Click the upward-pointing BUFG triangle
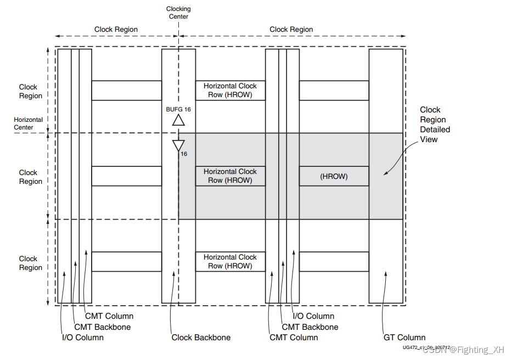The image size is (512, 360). [178, 120]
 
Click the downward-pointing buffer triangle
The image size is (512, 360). [178, 145]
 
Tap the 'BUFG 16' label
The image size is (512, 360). [178, 109]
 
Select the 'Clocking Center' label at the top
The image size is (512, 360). [178, 13]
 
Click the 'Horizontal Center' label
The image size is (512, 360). [28, 123]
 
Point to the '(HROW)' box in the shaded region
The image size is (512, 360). [334, 177]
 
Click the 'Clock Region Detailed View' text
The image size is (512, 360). [435, 125]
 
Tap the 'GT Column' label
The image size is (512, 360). [404, 337]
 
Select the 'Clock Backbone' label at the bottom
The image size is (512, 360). [201, 337]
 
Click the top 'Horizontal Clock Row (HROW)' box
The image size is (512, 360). [230, 91]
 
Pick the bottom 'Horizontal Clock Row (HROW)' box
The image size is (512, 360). [230, 262]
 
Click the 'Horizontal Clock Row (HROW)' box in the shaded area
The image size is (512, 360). [230, 176]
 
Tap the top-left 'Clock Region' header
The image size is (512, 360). [116, 30]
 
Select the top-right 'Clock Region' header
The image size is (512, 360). [291, 30]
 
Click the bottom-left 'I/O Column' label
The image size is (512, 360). [82, 337]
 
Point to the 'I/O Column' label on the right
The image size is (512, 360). [313, 316]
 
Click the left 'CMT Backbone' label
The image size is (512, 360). [102, 327]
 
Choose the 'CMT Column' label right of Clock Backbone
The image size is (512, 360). [294, 337]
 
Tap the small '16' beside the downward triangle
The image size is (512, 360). [184, 154]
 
